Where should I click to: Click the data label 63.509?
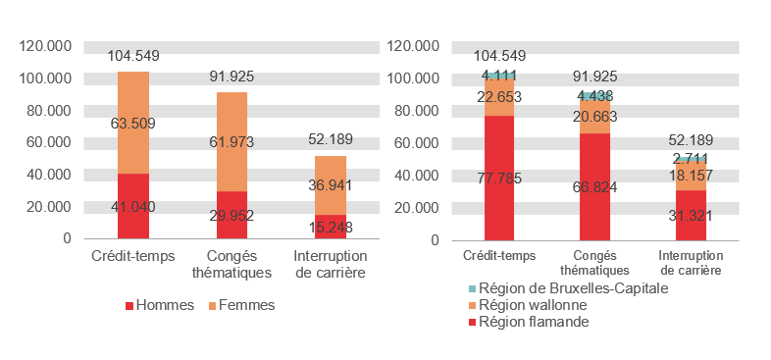tap(132, 124)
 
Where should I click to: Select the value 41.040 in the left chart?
tap(132, 207)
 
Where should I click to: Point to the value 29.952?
tap(231, 217)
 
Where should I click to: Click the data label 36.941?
tap(329, 184)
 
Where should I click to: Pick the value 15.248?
tap(329, 228)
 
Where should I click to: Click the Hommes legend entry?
tap(161, 305)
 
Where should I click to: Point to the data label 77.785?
tap(499, 178)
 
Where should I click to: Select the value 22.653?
tap(499, 96)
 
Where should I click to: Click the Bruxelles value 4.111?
tap(499, 76)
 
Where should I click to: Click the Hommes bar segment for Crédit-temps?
tap(132, 186)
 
